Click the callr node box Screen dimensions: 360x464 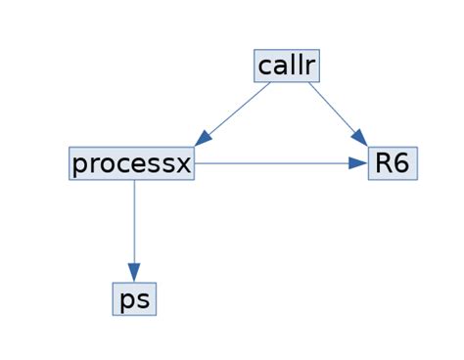286,66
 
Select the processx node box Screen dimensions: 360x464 132,163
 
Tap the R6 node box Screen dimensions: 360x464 392,163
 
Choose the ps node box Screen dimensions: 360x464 134,299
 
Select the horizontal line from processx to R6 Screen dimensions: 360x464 274,163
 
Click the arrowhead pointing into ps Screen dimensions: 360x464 134,273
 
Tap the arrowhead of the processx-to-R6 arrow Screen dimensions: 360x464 358,163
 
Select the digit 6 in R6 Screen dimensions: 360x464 401,163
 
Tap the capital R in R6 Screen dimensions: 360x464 383,163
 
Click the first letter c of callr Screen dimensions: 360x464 265,67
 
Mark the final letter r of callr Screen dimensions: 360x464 310,67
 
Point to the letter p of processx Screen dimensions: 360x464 80,165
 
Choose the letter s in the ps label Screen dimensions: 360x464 143,300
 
